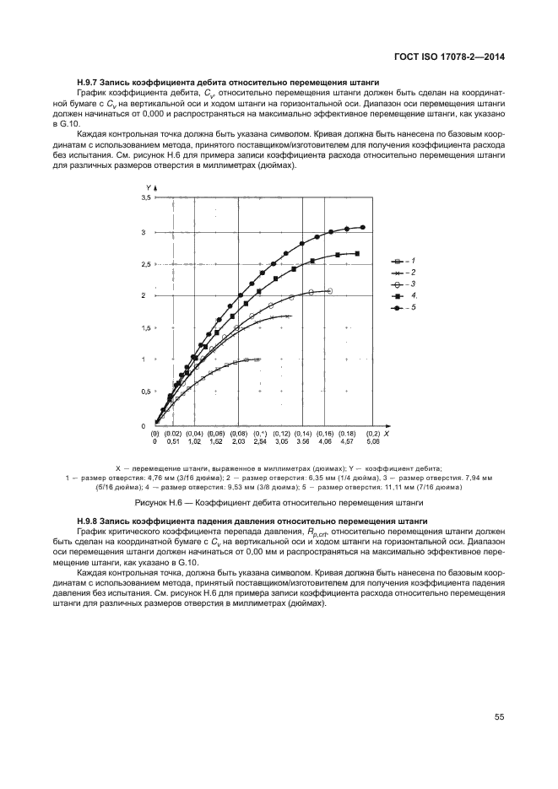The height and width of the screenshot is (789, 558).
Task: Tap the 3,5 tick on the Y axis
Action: [145, 197]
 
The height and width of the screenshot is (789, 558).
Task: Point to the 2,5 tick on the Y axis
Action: [145, 264]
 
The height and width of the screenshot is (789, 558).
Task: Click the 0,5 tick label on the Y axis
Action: [145, 392]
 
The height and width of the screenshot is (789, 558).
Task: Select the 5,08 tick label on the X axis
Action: [372, 441]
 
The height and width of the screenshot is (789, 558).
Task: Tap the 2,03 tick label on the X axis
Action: [239, 441]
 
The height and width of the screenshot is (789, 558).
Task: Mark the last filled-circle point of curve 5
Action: [363, 227]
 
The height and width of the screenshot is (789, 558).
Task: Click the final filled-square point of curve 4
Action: [357, 253]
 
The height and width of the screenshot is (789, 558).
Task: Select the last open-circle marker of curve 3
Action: [329, 291]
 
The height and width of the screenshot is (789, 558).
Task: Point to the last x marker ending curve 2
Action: [289, 316]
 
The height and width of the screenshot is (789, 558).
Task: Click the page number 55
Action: [499, 717]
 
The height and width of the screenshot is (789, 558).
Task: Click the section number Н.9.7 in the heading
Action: [88, 81]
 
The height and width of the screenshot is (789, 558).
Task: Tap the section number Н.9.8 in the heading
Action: [88, 523]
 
